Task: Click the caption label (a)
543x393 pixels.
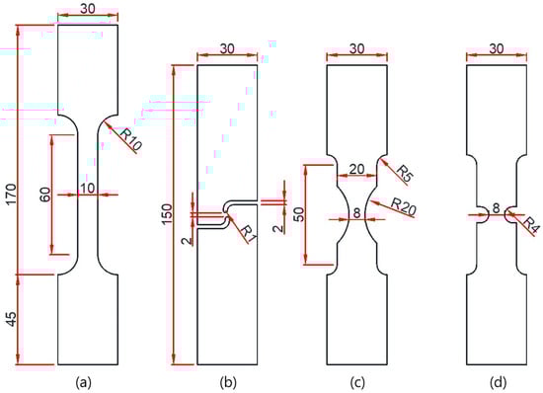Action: coord(83,382)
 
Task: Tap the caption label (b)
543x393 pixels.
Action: coord(227,382)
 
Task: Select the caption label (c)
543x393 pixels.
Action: coord(357,382)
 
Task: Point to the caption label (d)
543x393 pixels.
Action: coord(498,382)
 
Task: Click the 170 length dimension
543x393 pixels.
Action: coord(11,195)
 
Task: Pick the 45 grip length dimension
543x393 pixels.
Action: coord(11,319)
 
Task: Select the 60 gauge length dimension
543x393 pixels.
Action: coord(45,195)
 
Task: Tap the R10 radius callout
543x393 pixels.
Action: coord(131,140)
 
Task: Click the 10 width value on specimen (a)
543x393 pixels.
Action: coord(88,188)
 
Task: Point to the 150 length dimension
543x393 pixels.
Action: coord(166,214)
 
